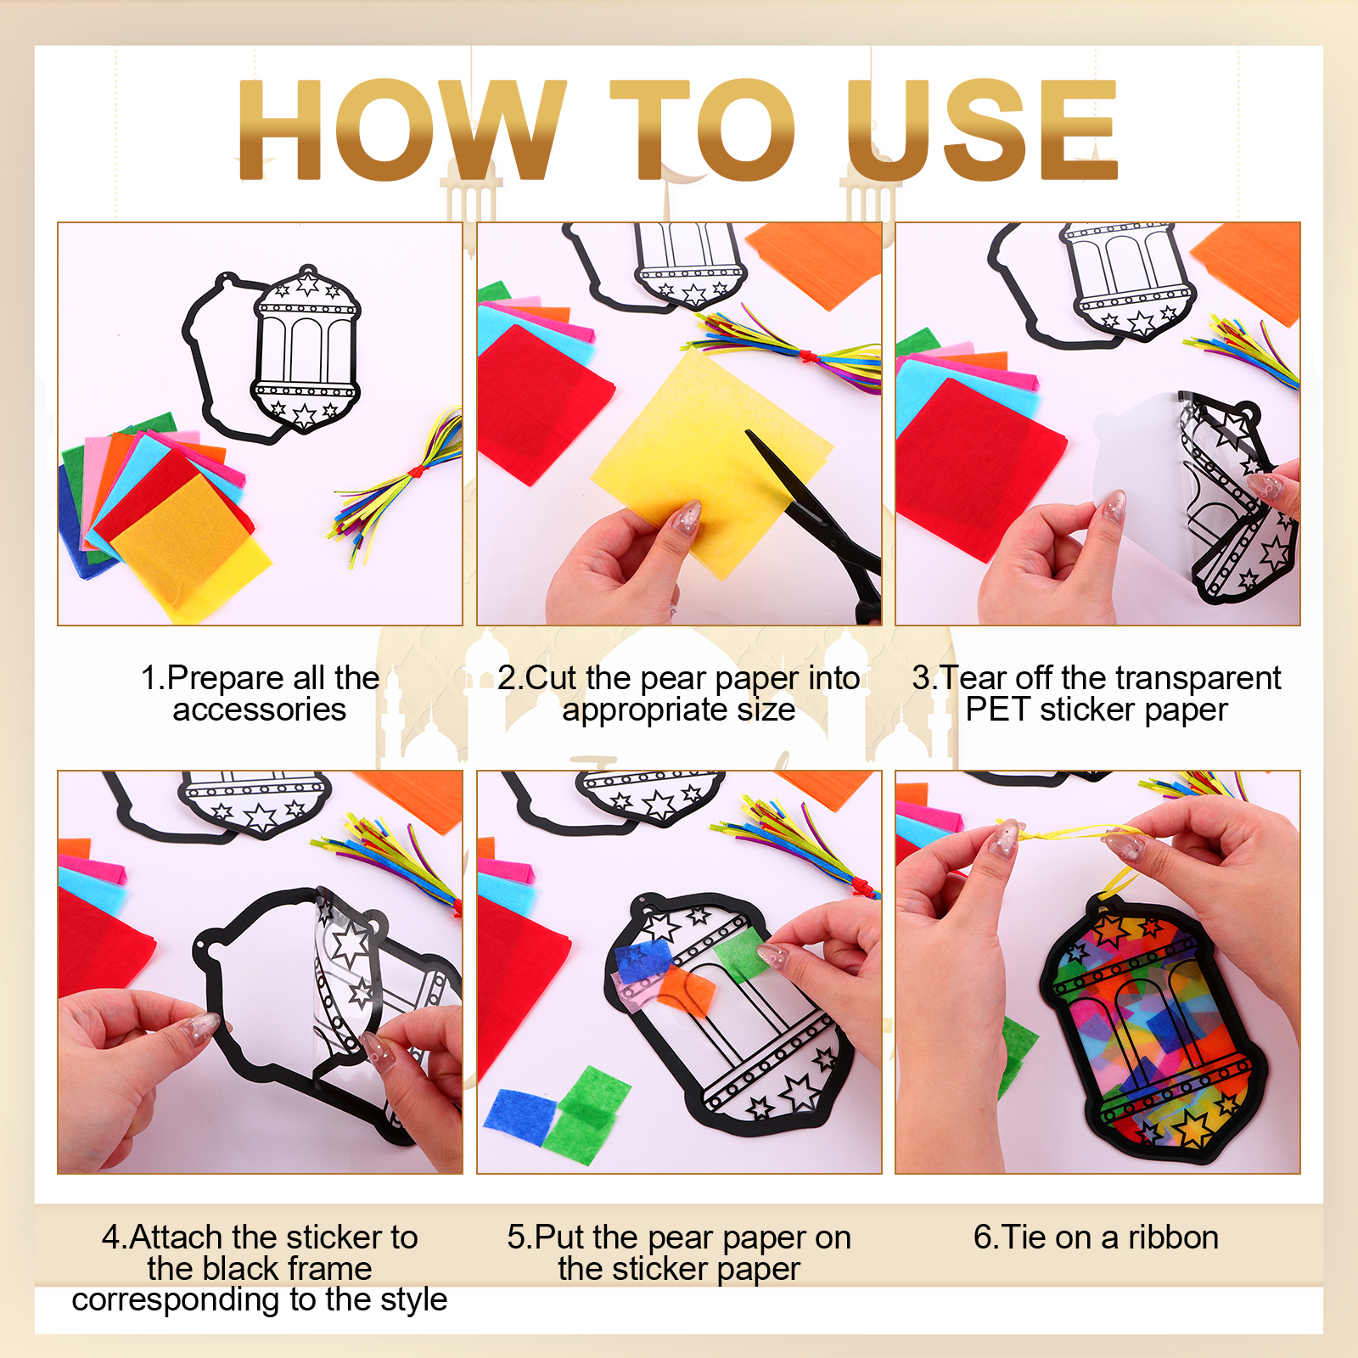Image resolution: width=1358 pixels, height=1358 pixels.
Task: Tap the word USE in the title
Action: click(982, 129)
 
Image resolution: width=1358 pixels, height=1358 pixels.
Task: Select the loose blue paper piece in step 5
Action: click(520, 1114)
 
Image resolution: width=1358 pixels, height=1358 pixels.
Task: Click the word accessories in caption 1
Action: click(260, 710)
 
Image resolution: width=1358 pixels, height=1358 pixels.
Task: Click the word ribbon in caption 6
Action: click(1173, 1237)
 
